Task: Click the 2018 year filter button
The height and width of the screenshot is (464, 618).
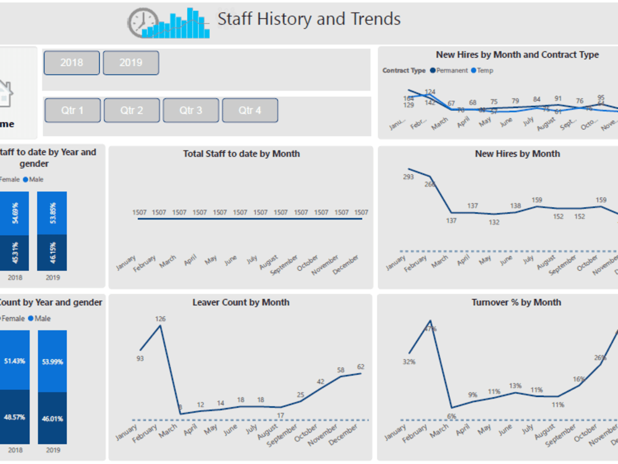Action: pos(72,62)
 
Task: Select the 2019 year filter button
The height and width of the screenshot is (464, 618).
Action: pos(130,62)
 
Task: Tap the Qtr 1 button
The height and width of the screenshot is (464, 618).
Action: pos(72,110)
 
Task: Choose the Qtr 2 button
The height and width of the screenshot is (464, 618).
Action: pos(132,110)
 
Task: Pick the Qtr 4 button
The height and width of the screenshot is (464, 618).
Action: pos(250,110)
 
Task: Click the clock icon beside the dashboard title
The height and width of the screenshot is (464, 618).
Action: pos(142,23)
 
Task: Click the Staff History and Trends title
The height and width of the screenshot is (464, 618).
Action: pos(308,19)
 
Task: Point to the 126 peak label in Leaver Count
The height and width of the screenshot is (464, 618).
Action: pos(161,319)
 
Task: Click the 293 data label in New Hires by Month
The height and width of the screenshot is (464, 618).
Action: pos(408,177)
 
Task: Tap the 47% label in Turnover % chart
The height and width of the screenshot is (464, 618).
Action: pos(430,329)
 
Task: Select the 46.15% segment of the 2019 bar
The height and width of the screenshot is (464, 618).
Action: pos(53,252)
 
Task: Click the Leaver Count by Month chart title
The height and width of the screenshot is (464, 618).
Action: pos(241,303)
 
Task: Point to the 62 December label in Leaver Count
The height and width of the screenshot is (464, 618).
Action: pos(361,367)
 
